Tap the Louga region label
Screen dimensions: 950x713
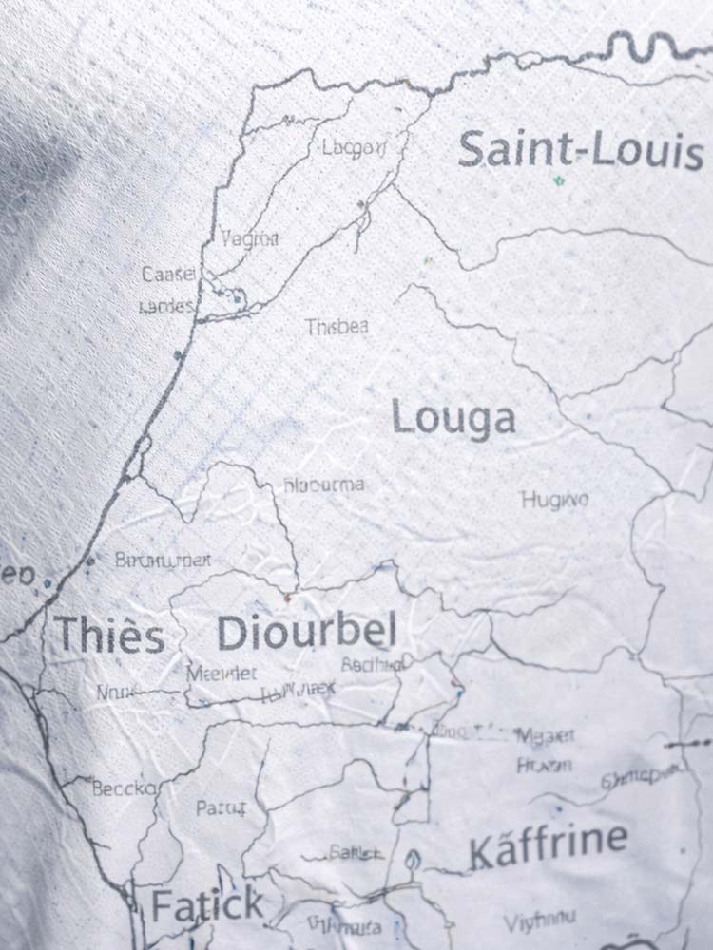pyautogui.click(x=453, y=419)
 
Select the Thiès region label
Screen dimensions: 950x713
pyautogui.click(x=109, y=635)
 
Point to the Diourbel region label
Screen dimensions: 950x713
pyautogui.click(x=306, y=633)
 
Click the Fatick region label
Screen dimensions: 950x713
pyautogui.click(x=207, y=905)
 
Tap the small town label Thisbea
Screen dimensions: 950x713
pyautogui.click(x=337, y=328)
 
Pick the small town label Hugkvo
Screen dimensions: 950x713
pyautogui.click(x=554, y=499)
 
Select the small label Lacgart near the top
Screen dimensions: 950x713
pyautogui.click(x=355, y=147)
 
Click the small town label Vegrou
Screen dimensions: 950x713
pyautogui.click(x=249, y=239)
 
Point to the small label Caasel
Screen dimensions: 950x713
pyautogui.click(x=168, y=275)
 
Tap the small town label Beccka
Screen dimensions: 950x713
pyautogui.click(x=126, y=788)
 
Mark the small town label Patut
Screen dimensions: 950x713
pyautogui.click(x=221, y=809)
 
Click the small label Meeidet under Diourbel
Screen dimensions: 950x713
pyautogui.click(x=222, y=673)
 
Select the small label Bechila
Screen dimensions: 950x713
pyautogui.click(x=372, y=665)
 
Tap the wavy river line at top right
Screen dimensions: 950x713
pyautogui.click(x=656, y=43)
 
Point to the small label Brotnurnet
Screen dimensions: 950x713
pyautogui.click(x=163, y=560)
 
